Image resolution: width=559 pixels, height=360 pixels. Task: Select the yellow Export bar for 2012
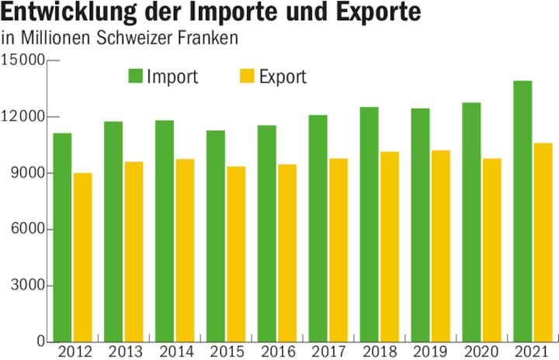[x=83, y=257]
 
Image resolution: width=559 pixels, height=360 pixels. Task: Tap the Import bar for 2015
[x=215, y=236]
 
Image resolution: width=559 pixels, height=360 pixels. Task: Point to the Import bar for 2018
[x=369, y=224]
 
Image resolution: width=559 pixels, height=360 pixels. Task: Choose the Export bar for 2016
[x=286, y=253]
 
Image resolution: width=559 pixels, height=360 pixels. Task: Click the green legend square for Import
[x=135, y=76]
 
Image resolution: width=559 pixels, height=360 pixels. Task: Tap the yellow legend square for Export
[x=246, y=76]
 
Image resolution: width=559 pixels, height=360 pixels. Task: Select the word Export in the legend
[x=283, y=77]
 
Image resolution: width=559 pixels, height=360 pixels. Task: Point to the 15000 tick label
[x=23, y=61]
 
